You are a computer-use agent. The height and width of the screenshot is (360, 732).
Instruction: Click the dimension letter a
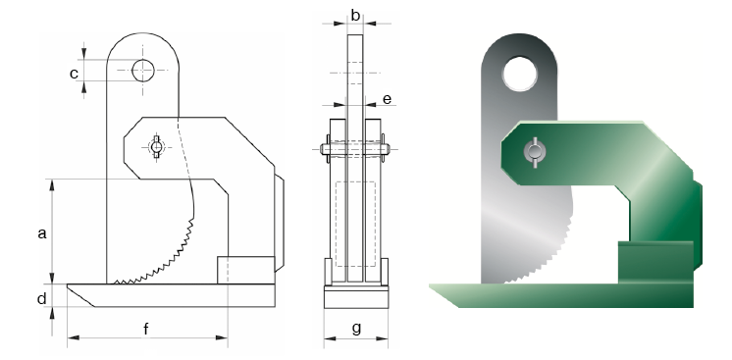point(42,233)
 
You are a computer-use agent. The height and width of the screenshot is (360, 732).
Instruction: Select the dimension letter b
point(355,16)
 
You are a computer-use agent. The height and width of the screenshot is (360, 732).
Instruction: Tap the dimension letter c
point(74,74)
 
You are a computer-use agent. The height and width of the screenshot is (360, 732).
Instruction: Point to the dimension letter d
point(42,298)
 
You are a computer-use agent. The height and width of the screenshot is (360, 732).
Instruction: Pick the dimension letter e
point(387,99)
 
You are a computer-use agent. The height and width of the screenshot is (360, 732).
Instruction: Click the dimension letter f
point(146,329)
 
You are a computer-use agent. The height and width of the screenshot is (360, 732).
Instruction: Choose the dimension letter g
point(356,329)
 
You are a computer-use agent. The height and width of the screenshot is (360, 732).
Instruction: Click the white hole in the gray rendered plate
point(520,74)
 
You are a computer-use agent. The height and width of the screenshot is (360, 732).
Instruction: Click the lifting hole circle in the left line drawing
point(143,71)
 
